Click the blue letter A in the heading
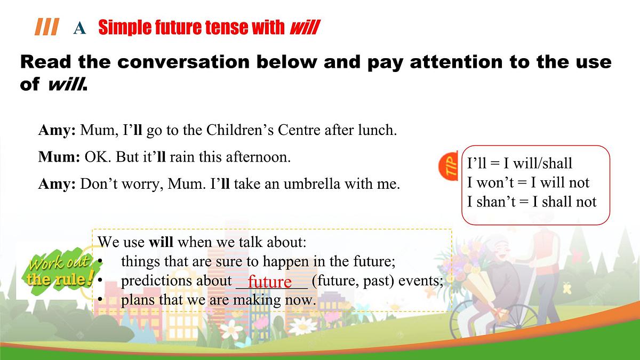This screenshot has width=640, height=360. pos(79,28)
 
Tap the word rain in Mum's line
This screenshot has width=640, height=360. pos(183,158)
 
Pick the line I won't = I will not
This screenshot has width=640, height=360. pos(528,182)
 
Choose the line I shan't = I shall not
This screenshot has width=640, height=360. pos(532,202)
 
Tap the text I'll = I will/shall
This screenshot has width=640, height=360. pos(519,163)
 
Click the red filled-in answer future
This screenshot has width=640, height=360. pos(270,281)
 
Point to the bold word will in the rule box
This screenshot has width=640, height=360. pos(161,242)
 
